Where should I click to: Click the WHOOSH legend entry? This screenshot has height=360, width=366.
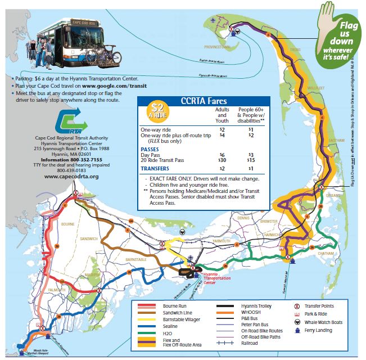pos(251,313)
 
